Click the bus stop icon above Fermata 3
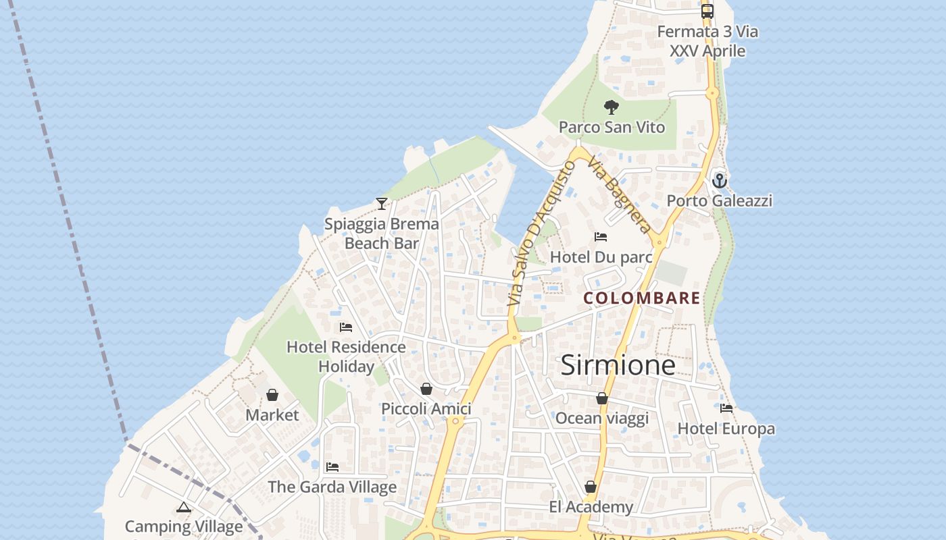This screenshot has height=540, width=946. pyautogui.click(x=707, y=11)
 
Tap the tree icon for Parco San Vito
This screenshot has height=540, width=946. pyautogui.click(x=612, y=107)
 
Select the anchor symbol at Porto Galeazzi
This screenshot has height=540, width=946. pyautogui.click(x=720, y=180)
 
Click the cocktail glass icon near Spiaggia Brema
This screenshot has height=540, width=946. pyautogui.click(x=382, y=203)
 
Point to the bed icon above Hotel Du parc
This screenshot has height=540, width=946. pyautogui.click(x=601, y=237)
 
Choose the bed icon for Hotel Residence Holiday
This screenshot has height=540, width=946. pyautogui.click(x=346, y=327)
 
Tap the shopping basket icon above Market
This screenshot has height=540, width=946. pyautogui.click(x=272, y=395)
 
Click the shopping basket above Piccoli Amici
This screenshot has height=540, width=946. pyautogui.click(x=426, y=389)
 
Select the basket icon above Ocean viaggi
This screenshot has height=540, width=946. pyautogui.click(x=602, y=398)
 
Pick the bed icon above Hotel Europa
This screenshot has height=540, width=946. pyautogui.click(x=726, y=408)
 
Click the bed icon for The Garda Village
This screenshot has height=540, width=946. pyautogui.click(x=332, y=467)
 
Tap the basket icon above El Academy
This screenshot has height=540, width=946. pyautogui.click(x=591, y=487)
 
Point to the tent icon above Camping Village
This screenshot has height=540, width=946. pyautogui.click(x=184, y=507)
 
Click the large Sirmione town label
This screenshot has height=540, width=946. pyautogui.click(x=618, y=365)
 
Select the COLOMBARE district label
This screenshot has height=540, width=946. pyautogui.click(x=641, y=298)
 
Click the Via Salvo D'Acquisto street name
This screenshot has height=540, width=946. pyautogui.click(x=541, y=234)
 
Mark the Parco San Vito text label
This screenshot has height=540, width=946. pyautogui.click(x=612, y=128)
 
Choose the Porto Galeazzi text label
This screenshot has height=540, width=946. pyautogui.click(x=719, y=200)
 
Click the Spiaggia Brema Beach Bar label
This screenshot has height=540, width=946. pyautogui.click(x=382, y=234)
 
